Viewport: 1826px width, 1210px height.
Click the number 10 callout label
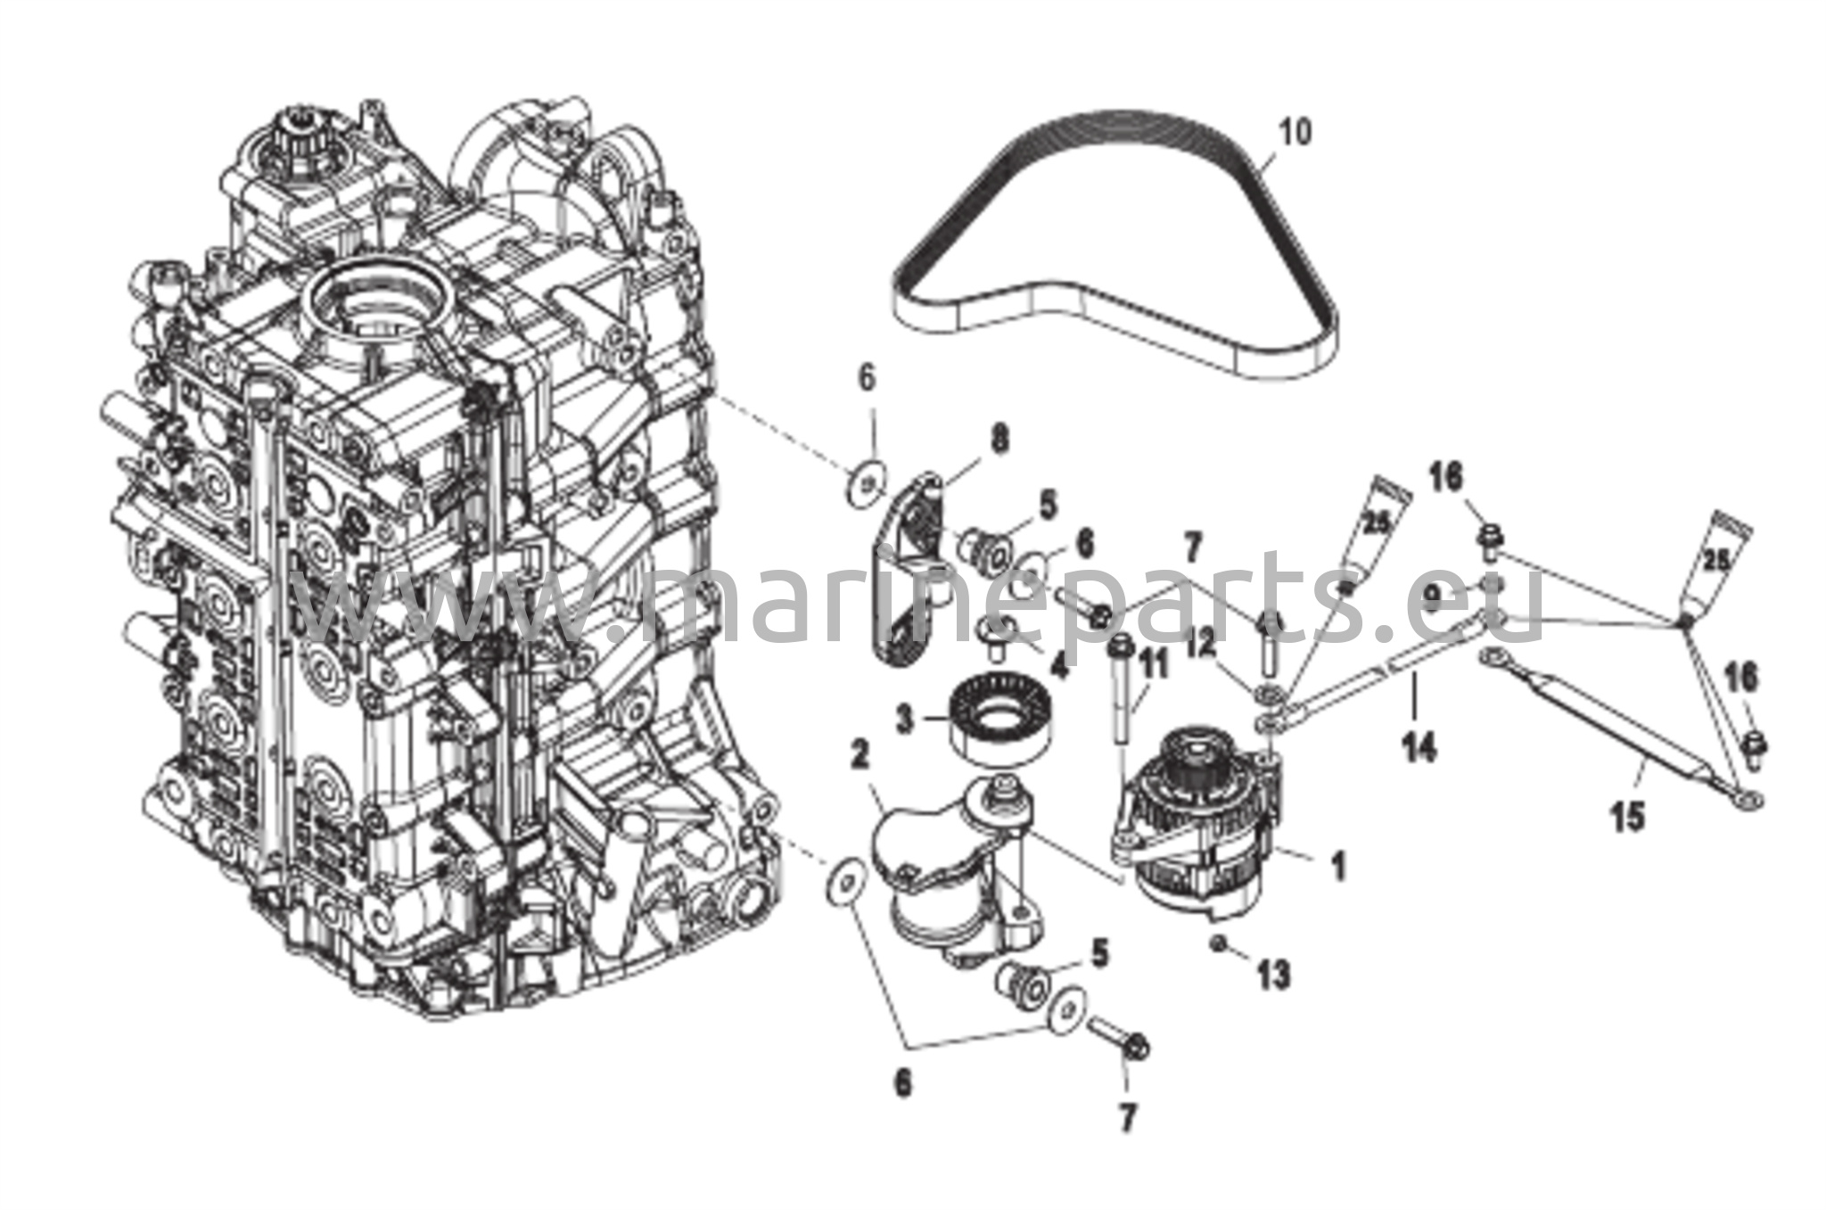coord(1295,133)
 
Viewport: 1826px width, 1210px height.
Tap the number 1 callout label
coord(1337,864)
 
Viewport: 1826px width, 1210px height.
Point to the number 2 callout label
coord(860,756)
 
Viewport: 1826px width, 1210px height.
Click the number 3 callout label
coord(905,718)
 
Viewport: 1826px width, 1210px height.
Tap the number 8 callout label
coord(999,438)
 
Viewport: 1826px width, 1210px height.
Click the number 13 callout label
coord(1274,975)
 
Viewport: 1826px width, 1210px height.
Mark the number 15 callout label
coord(1627,816)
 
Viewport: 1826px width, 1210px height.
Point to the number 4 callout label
coord(1057,664)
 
